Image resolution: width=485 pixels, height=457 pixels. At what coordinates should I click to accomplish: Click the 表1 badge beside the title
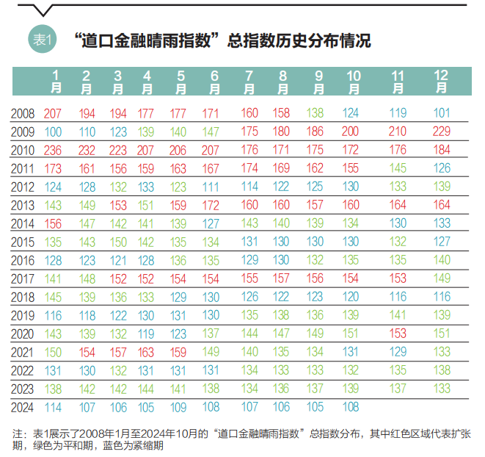coord(42,40)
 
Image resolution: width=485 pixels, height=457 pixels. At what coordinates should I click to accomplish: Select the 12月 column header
coord(442,82)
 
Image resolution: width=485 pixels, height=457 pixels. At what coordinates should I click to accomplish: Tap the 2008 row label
coord(23,114)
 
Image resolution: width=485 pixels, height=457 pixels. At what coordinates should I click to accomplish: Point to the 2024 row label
coord(23,406)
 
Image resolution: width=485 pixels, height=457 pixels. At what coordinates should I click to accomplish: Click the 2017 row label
coord(23,278)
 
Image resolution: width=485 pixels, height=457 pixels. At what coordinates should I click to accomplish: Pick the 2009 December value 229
coord(442,132)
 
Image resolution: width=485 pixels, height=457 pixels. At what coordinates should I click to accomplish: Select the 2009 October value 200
coord(351,132)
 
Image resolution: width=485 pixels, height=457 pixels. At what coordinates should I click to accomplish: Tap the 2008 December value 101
coord(442,114)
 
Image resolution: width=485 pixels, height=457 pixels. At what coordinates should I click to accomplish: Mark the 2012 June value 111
coord(211,187)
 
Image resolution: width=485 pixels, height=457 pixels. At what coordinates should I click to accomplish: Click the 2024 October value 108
coord(351,406)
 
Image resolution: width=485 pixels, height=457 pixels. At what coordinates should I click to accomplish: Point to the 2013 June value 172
coord(211,205)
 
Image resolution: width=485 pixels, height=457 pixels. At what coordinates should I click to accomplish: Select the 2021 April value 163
coord(147,351)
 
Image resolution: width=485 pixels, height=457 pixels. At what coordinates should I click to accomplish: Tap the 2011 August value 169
coord(282,168)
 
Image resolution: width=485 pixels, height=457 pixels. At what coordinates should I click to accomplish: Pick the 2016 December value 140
coord(442,260)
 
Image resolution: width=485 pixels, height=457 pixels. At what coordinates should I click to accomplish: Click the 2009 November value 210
coord(398,132)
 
